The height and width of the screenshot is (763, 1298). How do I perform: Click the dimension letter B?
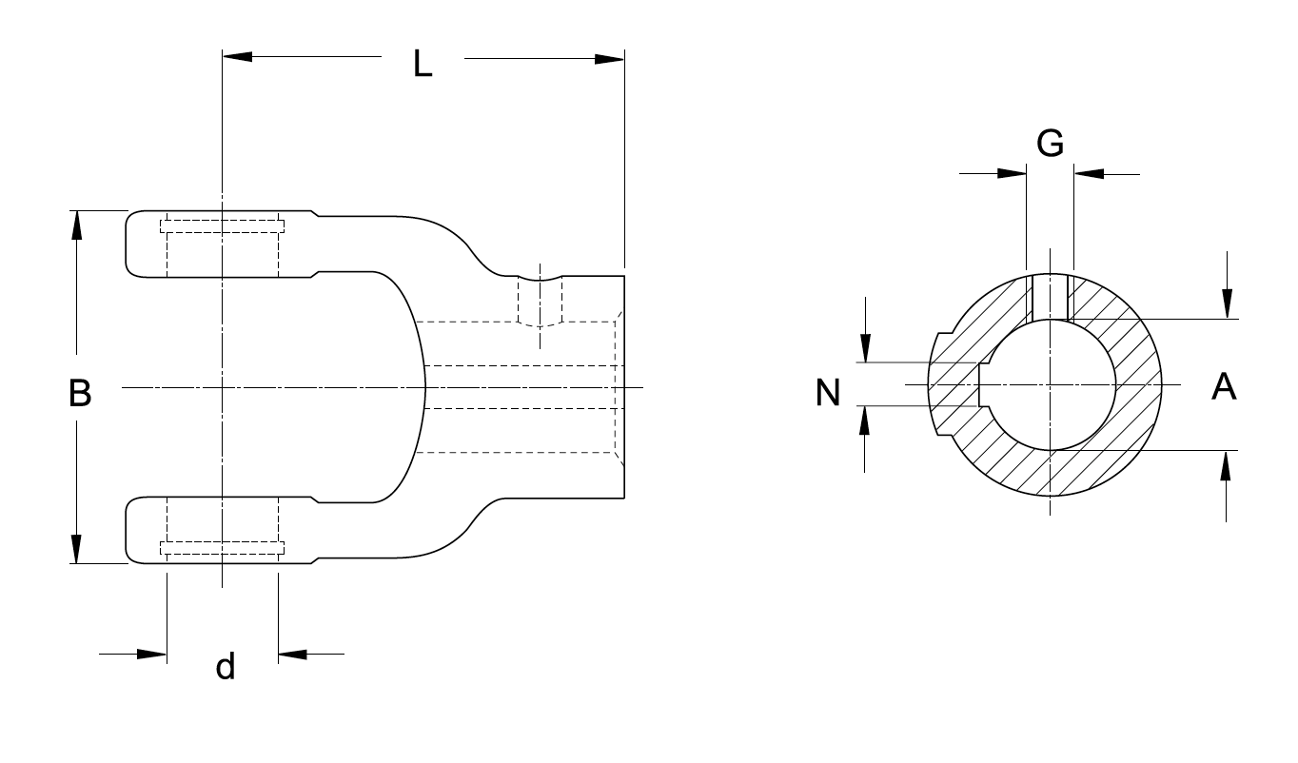(80, 392)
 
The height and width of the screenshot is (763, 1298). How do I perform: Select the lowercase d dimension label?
(225, 666)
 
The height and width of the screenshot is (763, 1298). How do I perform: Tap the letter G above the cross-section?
(1050, 143)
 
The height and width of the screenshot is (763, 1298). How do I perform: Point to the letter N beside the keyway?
(829, 391)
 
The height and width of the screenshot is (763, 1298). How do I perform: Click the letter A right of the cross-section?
(1224, 386)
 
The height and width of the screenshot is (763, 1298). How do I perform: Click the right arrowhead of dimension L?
(610, 58)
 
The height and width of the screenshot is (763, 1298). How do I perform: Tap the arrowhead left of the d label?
(152, 654)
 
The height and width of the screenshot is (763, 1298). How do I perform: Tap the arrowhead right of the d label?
(293, 654)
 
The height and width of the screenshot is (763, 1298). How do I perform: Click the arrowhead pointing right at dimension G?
(1013, 173)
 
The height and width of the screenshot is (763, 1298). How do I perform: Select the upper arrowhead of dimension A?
(1227, 303)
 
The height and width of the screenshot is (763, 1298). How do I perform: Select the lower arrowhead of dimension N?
(864, 420)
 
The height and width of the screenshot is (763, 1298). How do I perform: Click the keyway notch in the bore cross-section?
(984, 385)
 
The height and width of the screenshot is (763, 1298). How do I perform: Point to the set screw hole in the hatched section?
(1050, 297)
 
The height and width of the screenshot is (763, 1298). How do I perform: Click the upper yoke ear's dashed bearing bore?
(223, 247)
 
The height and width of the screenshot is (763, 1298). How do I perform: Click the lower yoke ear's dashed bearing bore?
(223, 527)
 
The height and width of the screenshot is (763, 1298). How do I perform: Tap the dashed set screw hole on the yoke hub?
(540, 303)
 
